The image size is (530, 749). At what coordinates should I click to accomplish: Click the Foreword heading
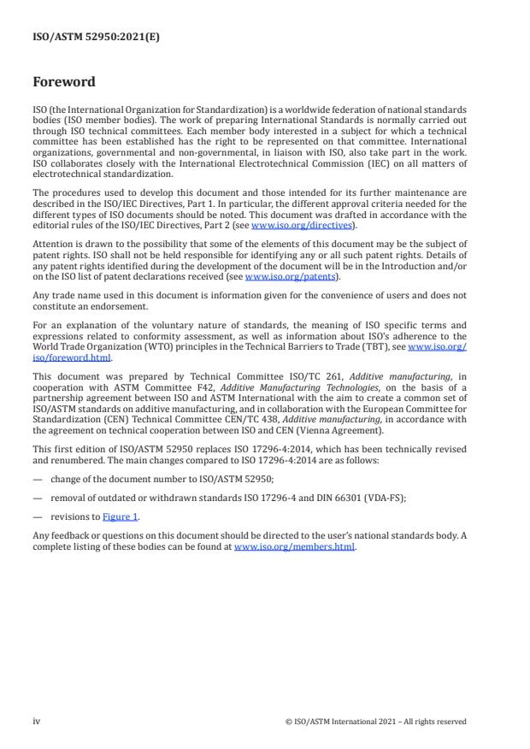point(64,82)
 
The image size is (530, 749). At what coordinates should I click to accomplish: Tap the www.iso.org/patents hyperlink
point(291,277)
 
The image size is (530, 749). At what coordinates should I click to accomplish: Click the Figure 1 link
point(122,516)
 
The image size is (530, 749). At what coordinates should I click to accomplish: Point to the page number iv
point(37,721)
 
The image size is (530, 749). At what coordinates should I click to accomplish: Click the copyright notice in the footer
point(375,721)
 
